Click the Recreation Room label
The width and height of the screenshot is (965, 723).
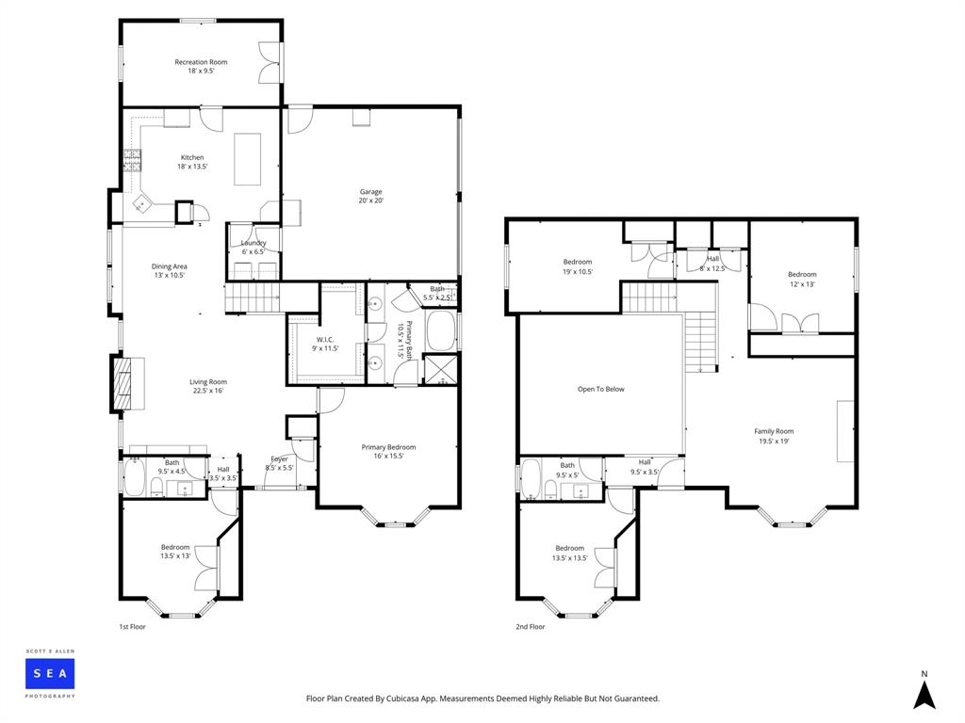pyautogui.click(x=201, y=66)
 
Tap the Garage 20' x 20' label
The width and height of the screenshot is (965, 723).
pyautogui.click(x=369, y=196)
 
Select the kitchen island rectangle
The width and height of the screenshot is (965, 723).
pyautogui.click(x=247, y=158)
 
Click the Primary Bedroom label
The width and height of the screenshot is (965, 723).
pyautogui.click(x=388, y=452)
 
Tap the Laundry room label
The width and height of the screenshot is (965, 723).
pyautogui.click(x=253, y=247)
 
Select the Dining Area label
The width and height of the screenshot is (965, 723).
pyautogui.click(x=170, y=270)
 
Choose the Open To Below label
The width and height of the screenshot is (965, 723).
pyautogui.click(x=600, y=389)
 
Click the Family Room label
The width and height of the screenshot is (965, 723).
pyautogui.click(x=774, y=436)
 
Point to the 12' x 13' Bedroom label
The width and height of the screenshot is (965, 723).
pyautogui.click(x=802, y=280)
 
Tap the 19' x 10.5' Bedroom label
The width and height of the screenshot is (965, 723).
pyautogui.click(x=578, y=266)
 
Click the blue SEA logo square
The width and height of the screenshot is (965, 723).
pyautogui.click(x=50, y=673)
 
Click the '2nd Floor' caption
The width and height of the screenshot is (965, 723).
pyautogui.click(x=530, y=626)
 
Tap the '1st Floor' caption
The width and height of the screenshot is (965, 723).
pyautogui.click(x=133, y=626)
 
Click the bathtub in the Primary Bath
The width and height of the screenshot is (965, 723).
pyautogui.click(x=441, y=330)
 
